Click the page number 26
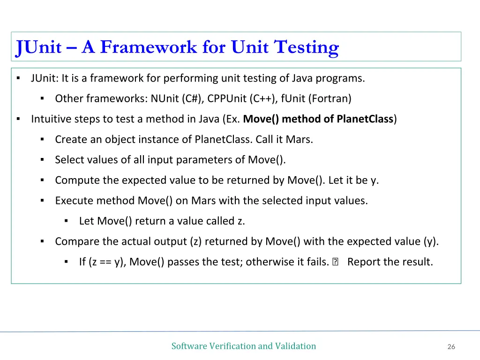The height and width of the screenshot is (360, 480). tap(451, 347)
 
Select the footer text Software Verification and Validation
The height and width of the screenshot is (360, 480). tap(243, 346)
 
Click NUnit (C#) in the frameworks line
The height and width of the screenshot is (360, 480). tap(177, 98)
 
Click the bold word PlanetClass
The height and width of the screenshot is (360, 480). tap(365, 119)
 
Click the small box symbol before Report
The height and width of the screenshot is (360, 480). tap(335, 262)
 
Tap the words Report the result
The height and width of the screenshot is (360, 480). tap(390, 262)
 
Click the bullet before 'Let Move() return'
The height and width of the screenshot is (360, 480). tap(66, 221)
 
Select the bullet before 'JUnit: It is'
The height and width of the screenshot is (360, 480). tap(18, 78)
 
